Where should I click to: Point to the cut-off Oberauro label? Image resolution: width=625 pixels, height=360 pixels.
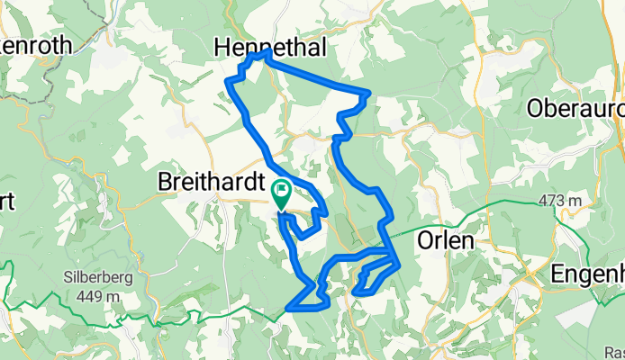575,109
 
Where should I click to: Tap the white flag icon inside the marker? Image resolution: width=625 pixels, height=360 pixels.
281,190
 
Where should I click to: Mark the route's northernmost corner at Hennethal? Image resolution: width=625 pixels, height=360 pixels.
267,53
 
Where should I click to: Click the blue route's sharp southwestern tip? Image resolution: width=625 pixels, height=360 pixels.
287,310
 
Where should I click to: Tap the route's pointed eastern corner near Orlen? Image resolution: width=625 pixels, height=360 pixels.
398,261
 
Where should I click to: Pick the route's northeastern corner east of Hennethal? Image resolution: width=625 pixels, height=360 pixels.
368,94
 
